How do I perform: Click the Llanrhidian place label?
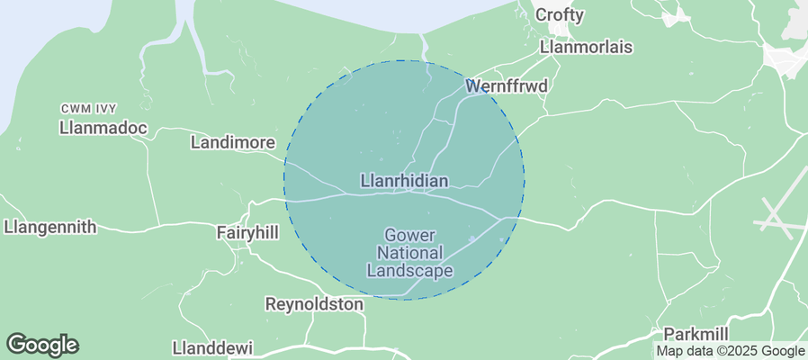click(404, 181)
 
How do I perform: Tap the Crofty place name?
click(560, 15)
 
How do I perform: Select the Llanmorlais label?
click(586, 47)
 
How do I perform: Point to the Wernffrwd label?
click(507, 86)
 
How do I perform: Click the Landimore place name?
click(231, 142)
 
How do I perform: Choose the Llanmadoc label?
click(103, 129)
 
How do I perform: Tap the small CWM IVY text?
click(91, 109)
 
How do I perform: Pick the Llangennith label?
click(49, 227)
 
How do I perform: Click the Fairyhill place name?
click(247, 232)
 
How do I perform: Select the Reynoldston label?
click(314, 304)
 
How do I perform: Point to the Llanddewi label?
click(212, 347)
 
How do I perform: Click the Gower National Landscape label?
click(409, 253)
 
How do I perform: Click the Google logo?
click(42, 344)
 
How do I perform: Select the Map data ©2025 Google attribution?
click(730, 351)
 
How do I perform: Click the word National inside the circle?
click(409, 253)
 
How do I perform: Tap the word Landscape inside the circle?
click(409, 270)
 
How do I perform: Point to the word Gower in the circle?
click(409, 236)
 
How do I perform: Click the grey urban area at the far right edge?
click(787, 58)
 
